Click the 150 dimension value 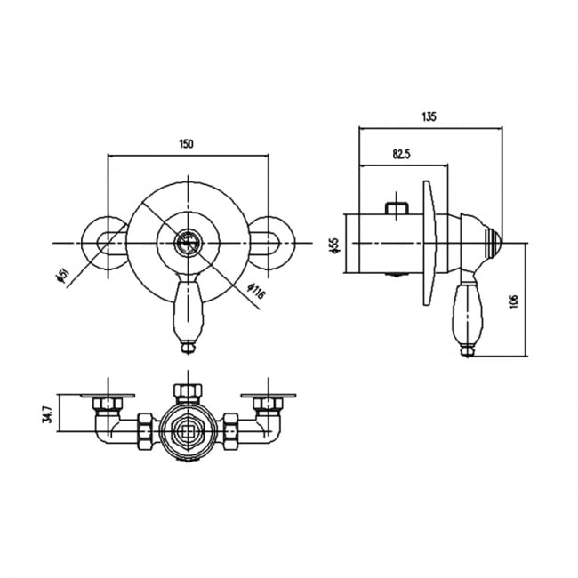pos(186,144)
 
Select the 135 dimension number pos(429,116)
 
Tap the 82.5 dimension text pos(401,154)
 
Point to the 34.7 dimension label pos(47,414)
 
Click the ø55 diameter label pos(334,245)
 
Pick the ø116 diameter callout pos(256,291)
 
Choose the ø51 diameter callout pos(61,276)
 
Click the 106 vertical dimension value pos(514,301)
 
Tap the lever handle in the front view pos(188,314)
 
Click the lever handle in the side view pos(466,313)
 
